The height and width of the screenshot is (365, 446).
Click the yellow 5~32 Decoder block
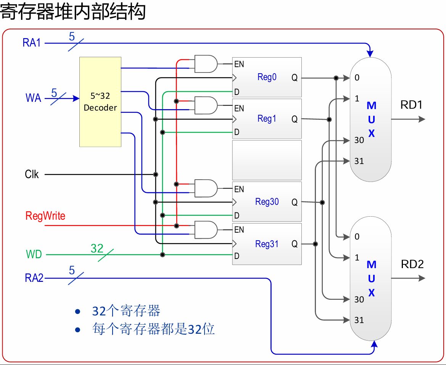click(100, 101)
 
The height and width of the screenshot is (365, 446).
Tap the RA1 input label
click(32, 43)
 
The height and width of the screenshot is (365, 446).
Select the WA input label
click(33, 98)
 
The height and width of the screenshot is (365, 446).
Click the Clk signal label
click(32, 174)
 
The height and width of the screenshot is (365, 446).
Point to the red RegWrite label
click(45, 216)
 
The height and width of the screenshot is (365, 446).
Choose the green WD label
click(34, 254)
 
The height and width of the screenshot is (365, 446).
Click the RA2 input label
click(34, 278)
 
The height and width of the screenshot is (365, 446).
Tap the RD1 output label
click(411, 105)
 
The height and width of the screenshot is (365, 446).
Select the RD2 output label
click(412, 264)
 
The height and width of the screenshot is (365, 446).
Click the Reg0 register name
click(267, 77)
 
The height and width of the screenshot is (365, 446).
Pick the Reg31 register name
click(267, 244)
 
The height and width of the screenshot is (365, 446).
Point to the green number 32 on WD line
click(97, 249)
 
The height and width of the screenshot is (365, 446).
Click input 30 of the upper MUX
click(359, 140)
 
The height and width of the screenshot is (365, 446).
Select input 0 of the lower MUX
click(357, 237)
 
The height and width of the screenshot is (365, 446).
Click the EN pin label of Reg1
click(239, 109)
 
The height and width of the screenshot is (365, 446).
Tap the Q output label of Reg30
click(295, 203)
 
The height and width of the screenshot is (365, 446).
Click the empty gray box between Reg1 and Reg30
click(267, 160)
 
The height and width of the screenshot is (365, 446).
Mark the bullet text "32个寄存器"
click(126, 311)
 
